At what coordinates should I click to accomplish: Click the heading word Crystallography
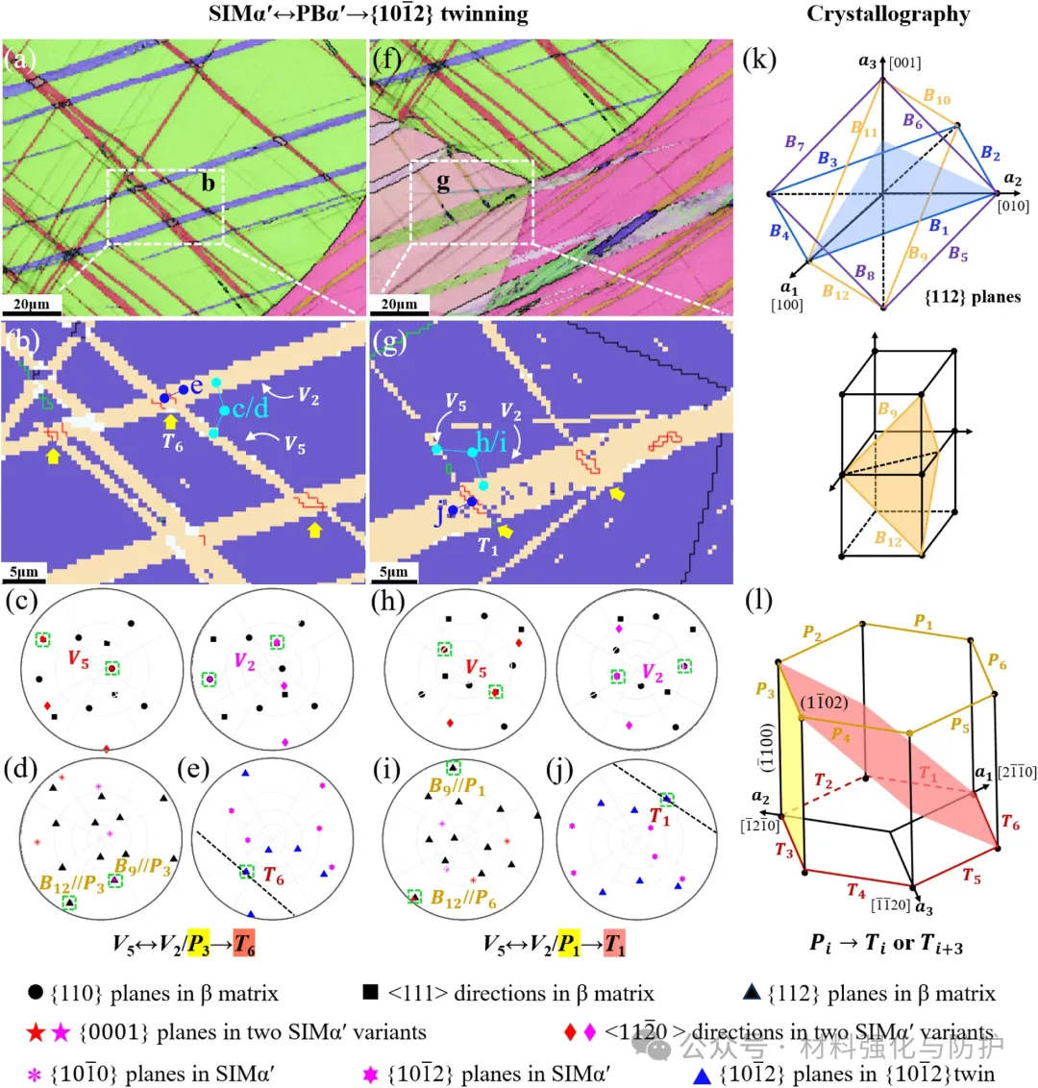tap(888, 14)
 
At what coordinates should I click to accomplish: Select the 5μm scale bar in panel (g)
tap(393, 574)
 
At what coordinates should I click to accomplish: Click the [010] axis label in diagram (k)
tap(1013, 206)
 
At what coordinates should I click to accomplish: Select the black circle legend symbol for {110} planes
tap(36, 993)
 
